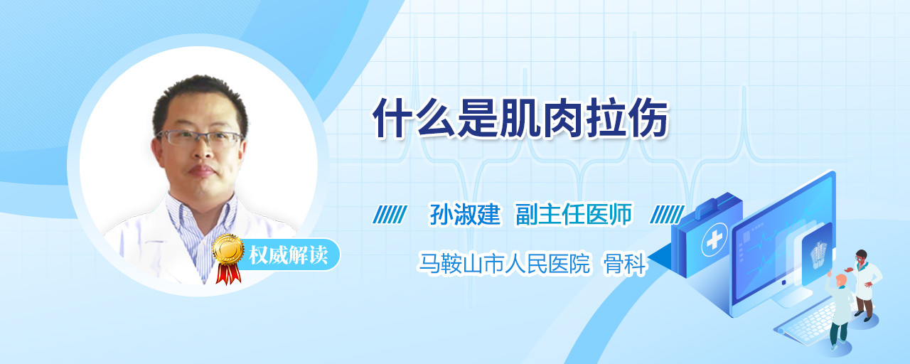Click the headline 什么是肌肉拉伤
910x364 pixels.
[520, 119]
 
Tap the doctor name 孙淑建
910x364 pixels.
[465, 214]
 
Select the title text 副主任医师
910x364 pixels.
[574, 214]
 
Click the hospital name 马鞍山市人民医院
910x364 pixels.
[504, 263]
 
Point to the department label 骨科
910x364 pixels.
[624, 263]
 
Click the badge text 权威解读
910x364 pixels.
[288, 255]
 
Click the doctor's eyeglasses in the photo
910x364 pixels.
[199, 138]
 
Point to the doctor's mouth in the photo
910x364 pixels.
[201, 171]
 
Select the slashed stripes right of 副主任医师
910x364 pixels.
[667, 215]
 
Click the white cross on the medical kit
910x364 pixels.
[714, 240]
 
